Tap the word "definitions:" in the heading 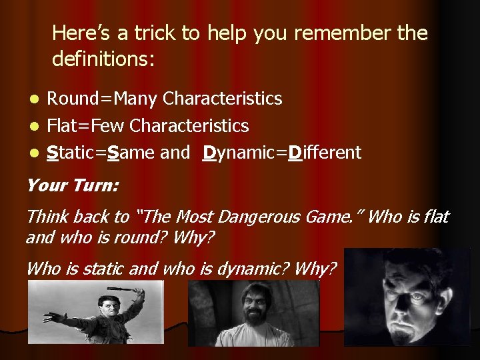pos(103,60)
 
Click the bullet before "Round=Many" pos(38,99)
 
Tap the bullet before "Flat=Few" pos(38,126)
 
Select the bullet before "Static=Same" pos(38,153)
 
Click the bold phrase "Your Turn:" pos(73,185)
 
